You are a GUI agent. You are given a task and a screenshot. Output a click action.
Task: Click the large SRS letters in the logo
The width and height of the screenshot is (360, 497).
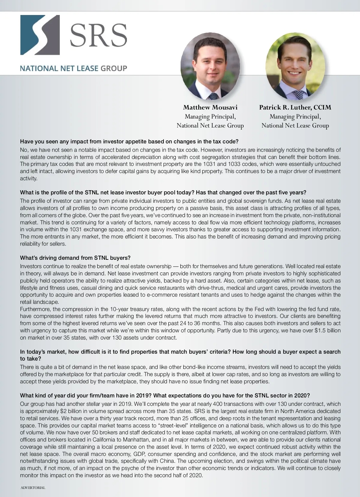click(98, 35)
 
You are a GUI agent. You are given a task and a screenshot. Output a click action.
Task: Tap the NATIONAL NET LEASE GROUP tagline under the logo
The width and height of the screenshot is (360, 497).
click(73, 68)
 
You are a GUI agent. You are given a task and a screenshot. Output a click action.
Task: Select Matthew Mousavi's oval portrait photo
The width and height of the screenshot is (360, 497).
click(210, 67)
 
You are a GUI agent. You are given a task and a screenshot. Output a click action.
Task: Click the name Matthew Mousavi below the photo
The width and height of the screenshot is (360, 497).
click(210, 107)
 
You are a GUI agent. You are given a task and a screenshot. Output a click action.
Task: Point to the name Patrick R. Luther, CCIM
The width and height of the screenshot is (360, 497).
click(295, 107)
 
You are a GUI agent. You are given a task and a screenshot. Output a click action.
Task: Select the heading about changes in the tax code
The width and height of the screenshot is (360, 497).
click(129, 141)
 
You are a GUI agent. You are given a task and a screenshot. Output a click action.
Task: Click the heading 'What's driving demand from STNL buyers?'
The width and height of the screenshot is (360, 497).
click(75, 258)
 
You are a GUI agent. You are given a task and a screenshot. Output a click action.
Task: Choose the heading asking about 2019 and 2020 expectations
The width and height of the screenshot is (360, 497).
click(165, 395)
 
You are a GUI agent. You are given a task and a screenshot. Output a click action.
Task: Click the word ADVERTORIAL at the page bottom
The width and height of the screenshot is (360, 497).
click(33, 488)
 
